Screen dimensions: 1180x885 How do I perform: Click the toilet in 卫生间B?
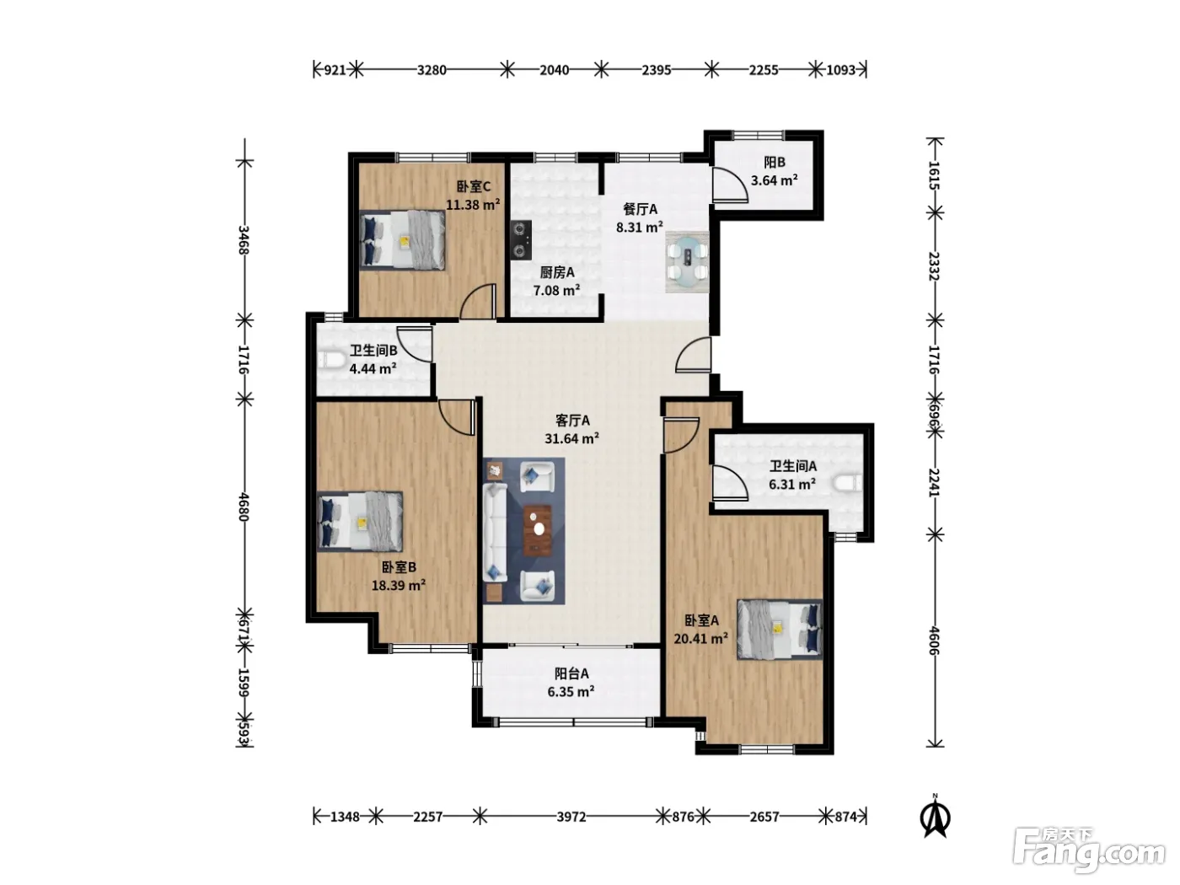pos(331,360)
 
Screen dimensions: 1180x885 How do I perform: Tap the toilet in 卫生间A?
pos(848,483)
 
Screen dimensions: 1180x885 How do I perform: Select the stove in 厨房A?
pos(521,240)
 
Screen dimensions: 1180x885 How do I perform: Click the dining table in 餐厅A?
pos(687,261)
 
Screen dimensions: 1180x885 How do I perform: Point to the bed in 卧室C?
pos(402,239)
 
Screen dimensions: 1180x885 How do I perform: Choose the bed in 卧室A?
pos(780,630)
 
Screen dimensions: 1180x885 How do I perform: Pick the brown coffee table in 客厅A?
pos(538,530)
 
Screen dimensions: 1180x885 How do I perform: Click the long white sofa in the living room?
pos(495,532)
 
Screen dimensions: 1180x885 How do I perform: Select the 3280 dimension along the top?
pos(432,70)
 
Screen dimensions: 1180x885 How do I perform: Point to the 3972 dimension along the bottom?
pos(571,818)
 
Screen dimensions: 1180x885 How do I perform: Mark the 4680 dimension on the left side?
pos(244,507)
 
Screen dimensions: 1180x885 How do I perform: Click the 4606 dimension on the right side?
pos(935,641)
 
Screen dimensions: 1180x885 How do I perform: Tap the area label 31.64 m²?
pos(572,438)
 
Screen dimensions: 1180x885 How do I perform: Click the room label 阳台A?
pos(571,673)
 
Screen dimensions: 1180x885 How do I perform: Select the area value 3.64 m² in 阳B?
pos(774,180)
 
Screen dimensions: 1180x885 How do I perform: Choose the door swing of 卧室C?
pos(477,301)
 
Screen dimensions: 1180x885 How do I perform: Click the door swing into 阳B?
pos(730,185)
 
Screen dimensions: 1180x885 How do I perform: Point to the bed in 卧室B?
pos(360,521)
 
